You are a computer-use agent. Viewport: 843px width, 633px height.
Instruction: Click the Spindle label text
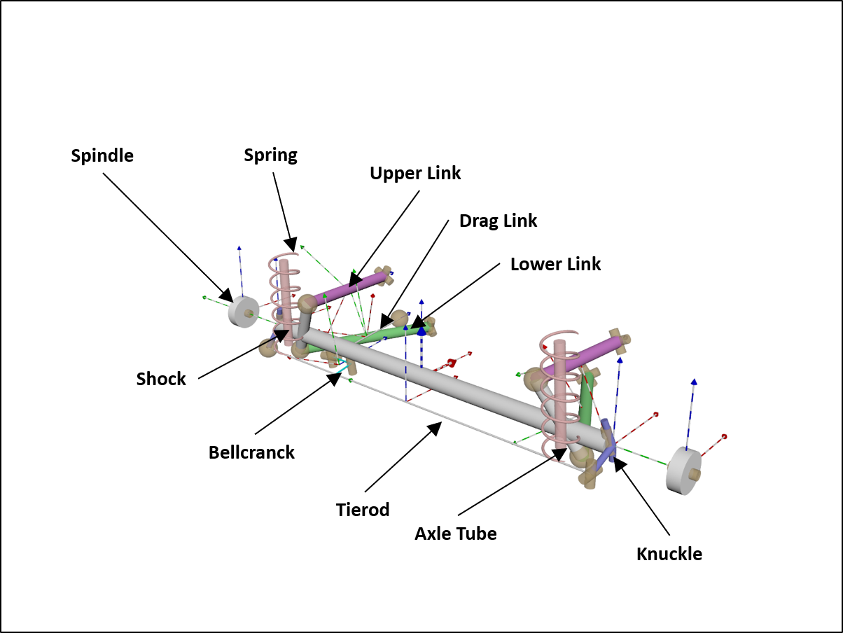click(102, 155)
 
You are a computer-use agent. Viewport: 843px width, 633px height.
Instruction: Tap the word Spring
click(270, 155)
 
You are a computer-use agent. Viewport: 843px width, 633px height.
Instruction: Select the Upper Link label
click(415, 173)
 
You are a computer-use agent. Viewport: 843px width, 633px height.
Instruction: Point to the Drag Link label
click(498, 221)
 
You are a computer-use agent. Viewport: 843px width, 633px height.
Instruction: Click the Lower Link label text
click(555, 264)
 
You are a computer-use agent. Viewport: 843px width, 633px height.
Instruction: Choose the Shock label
click(161, 379)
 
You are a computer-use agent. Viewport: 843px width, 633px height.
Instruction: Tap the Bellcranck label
click(251, 452)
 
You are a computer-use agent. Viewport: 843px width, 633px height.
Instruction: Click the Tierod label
click(363, 509)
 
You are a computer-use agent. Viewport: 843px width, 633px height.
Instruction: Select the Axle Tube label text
click(455, 534)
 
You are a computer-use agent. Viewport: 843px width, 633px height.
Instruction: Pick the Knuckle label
click(669, 554)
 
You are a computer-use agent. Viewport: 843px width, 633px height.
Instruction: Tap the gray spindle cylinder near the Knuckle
click(683, 471)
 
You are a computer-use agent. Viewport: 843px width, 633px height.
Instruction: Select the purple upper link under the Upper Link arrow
click(350, 288)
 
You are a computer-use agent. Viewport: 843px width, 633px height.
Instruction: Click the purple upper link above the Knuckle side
click(588, 355)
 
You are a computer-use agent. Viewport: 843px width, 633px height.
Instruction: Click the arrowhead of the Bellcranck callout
click(332, 379)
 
